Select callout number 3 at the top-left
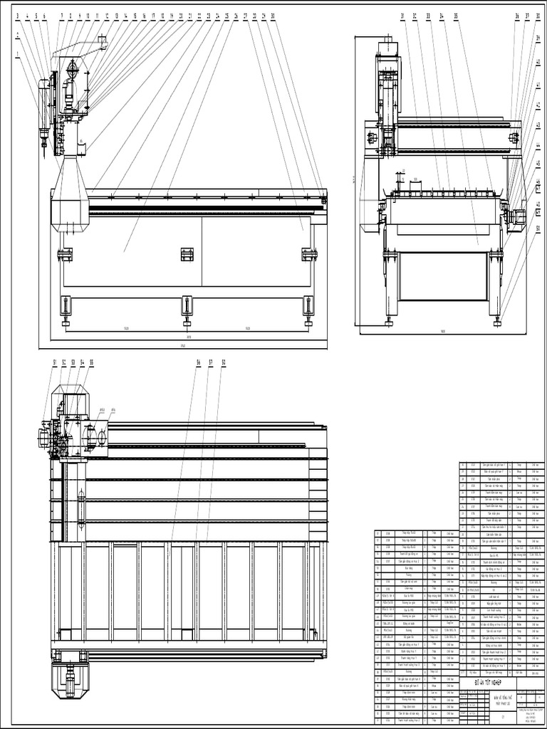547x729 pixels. click(17, 16)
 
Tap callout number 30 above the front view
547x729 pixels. click(273, 16)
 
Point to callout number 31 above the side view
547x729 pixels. click(402, 16)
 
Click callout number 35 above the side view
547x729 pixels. click(456, 16)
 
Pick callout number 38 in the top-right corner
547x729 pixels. click(537, 16)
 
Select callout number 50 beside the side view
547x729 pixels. click(538, 229)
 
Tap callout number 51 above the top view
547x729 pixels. click(55, 363)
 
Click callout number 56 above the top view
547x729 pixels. click(199, 363)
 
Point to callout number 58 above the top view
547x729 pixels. click(224, 363)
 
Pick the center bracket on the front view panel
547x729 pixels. click(187, 254)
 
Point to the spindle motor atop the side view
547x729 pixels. click(386, 48)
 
